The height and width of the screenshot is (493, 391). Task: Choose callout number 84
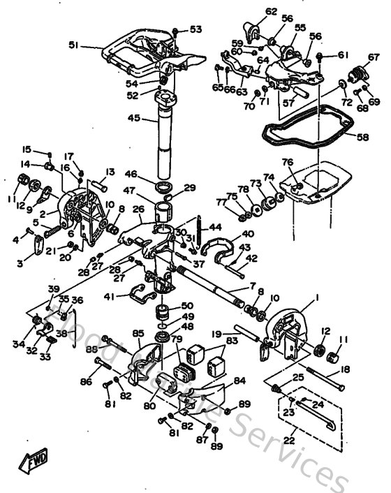(x=239, y=381)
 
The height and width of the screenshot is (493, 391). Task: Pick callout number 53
(x=195, y=29)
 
